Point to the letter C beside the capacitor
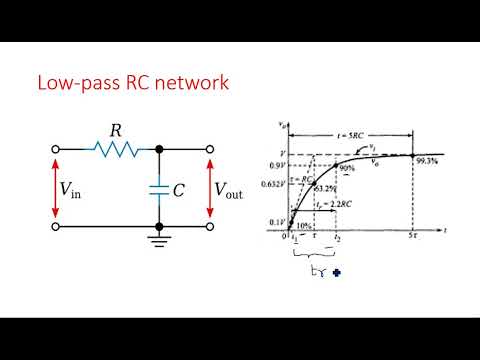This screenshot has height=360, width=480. tap(179, 187)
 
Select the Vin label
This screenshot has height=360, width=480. tap(73, 187)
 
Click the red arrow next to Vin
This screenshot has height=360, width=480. tap(51, 187)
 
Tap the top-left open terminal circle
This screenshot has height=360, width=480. tap(51, 148)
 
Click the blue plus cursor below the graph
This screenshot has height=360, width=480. tap(323, 270)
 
